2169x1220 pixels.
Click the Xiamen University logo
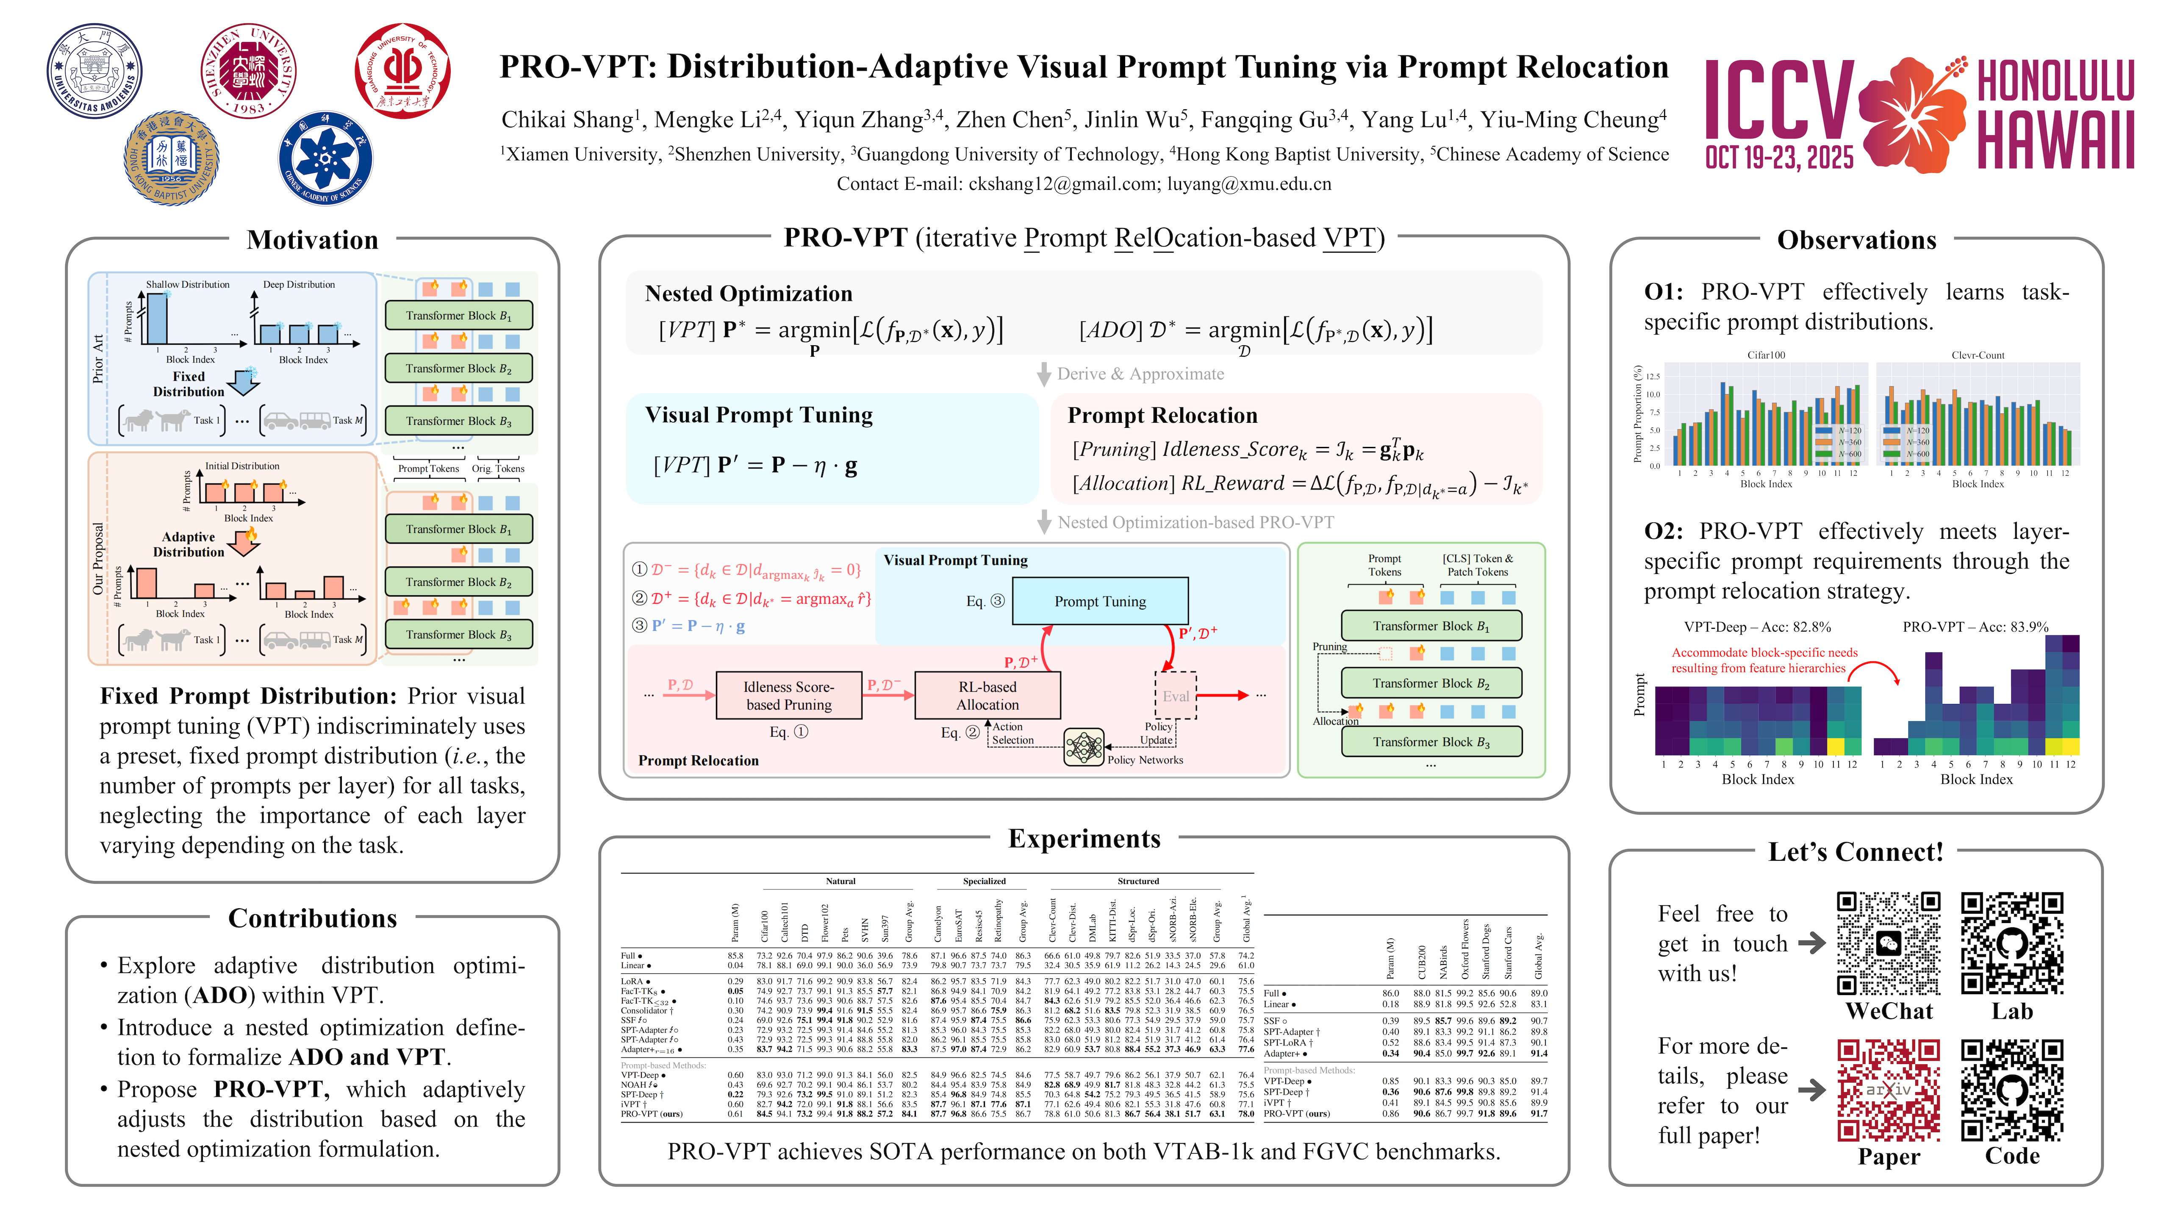pos(94,71)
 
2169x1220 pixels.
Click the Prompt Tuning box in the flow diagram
pos(1100,601)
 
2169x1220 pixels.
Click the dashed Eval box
pos(1176,696)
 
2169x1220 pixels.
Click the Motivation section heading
pos(312,240)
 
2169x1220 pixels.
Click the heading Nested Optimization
pos(749,294)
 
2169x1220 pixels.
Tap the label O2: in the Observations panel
pos(1663,531)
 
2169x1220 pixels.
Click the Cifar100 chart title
pos(1766,355)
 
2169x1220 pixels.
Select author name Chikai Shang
pos(567,119)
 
